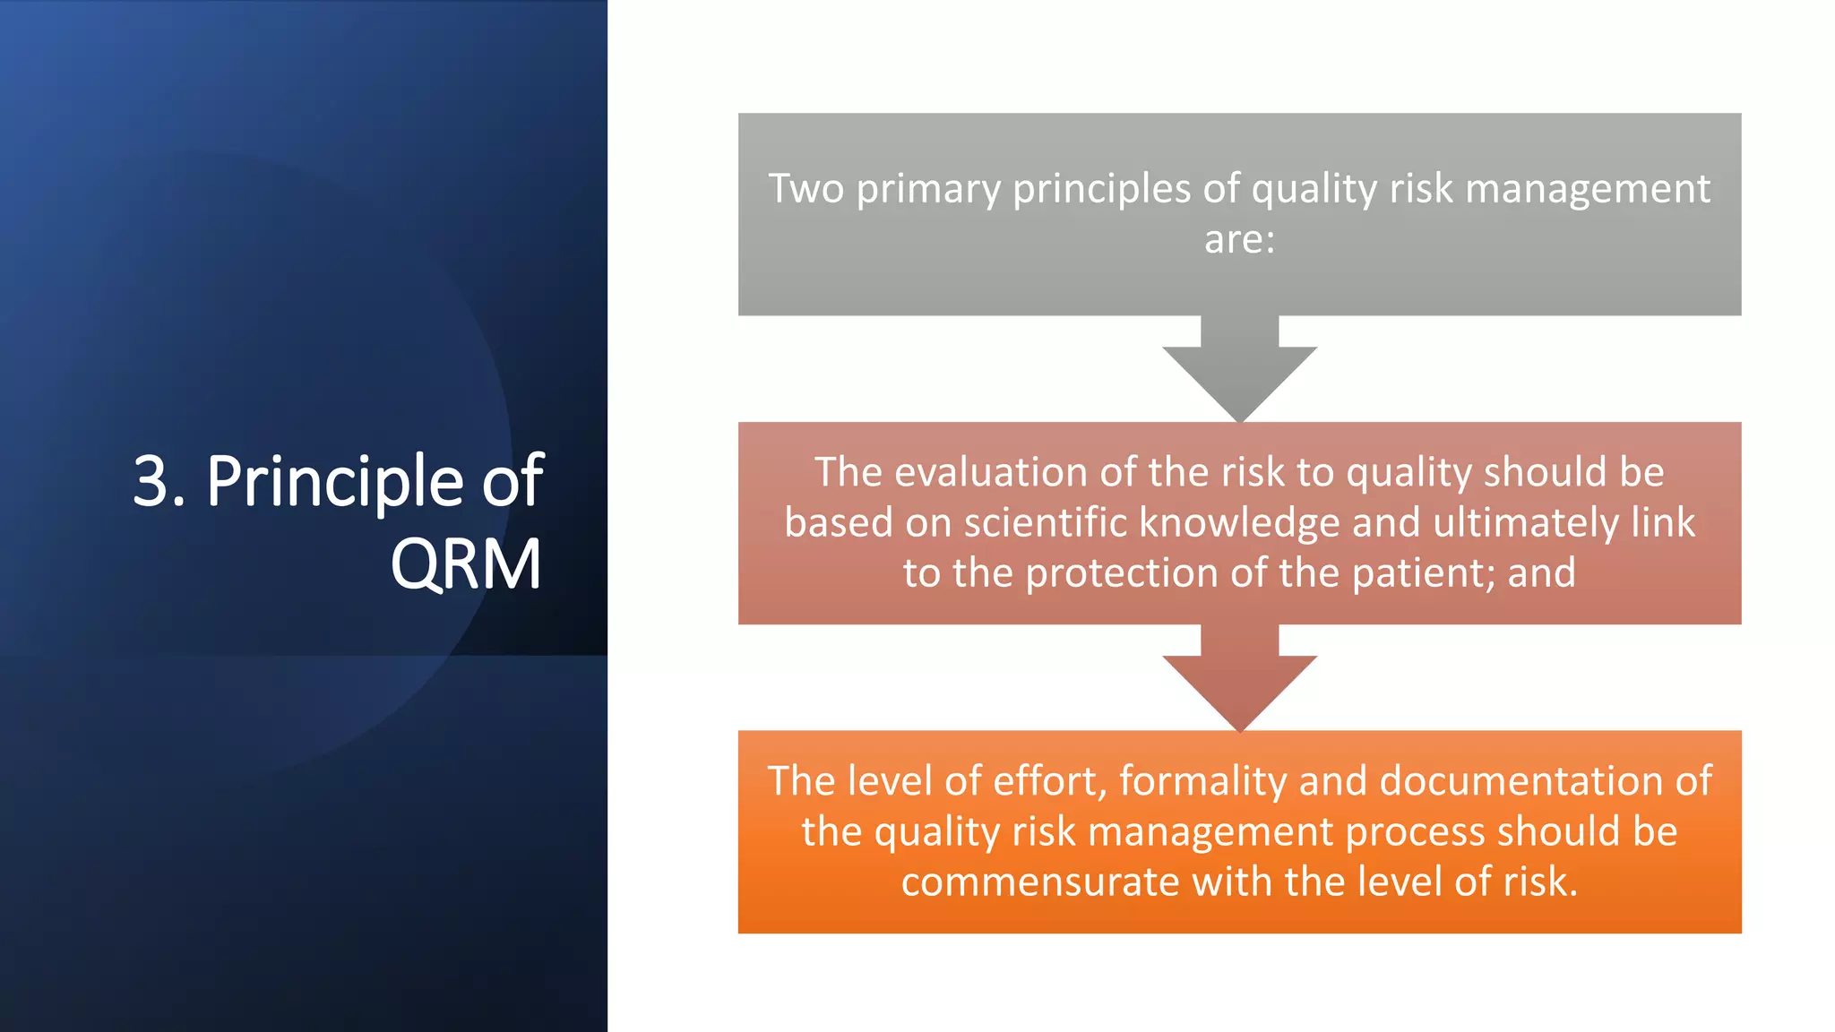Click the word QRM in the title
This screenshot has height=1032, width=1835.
[466, 564]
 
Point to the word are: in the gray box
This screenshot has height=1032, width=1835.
[1239, 239]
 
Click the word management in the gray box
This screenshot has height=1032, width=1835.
[1588, 189]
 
